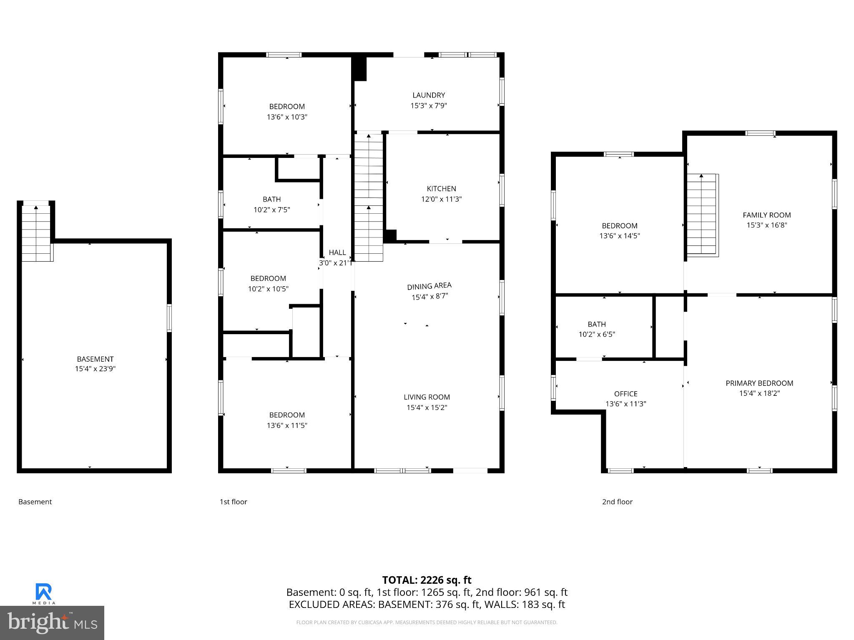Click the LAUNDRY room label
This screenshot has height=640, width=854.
point(429,95)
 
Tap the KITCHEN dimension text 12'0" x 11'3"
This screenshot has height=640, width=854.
point(441,199)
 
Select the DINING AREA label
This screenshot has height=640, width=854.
point(429,286)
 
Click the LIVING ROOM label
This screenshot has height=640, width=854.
point(427,397)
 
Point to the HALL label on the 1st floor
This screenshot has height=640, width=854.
point(337,252)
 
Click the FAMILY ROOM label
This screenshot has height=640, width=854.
point(766,215)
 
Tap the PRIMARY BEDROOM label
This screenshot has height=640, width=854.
point(759,383)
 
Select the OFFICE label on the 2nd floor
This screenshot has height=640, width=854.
point(625,394)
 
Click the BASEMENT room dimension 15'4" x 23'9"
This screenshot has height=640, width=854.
point(95,369)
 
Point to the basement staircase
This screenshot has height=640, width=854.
point(37,233)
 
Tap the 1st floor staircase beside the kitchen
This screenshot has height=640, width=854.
point(369,198)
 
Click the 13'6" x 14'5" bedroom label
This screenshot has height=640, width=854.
point(619,231)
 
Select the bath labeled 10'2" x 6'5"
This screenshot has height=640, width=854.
point(596,329)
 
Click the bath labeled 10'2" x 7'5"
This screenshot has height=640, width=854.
point(271,205)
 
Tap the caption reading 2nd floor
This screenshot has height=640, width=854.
point(617,502)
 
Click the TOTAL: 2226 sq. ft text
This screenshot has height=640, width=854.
point(427,580)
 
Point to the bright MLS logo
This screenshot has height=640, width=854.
point(52,622)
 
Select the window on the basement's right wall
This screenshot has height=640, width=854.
point(169,318)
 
